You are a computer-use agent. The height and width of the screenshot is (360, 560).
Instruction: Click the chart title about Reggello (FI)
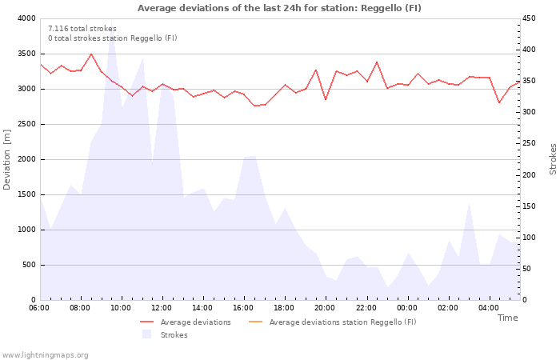(x=279, y=8)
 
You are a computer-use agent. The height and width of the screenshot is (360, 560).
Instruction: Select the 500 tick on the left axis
(x=28, y=265)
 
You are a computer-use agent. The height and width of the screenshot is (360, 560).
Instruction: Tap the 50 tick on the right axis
(x=529, y=269)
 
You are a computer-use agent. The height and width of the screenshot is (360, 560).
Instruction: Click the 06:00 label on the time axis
(x=39, y=307)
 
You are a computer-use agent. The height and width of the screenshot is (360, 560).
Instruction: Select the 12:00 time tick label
(x=162, y=307)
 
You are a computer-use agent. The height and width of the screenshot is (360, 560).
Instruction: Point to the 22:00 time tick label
(x=366, y=307)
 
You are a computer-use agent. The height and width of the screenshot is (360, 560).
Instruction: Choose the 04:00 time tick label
(x=489, y=307)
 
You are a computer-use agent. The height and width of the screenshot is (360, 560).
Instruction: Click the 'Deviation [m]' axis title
(x=7, y=159)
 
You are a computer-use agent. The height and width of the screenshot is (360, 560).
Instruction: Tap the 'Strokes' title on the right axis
(x=553, y=159)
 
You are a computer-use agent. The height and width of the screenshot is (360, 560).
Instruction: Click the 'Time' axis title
(x=507, y=318)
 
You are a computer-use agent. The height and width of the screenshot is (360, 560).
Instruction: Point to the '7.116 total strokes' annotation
(x=82, y=29)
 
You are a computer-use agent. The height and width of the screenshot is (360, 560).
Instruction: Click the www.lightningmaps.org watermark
(x=45, y=355)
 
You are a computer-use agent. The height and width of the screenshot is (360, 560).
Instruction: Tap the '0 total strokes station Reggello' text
(x=112, y=38)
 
